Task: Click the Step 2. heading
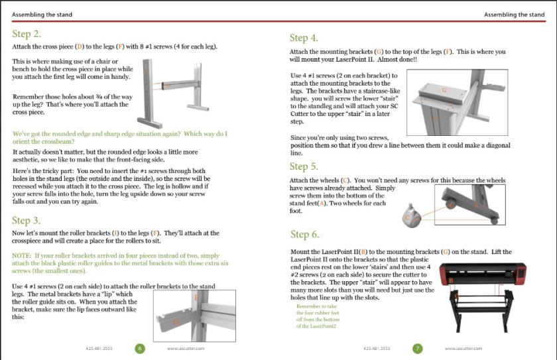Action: point(27,34)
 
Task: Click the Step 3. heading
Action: point(27,221)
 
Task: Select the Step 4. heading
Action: point(304,38)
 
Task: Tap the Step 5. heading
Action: point(304,166)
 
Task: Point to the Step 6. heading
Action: point(304,234)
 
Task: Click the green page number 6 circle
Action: point(140,348)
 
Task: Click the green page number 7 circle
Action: point(417,348)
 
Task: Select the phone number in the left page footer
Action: point(99,348)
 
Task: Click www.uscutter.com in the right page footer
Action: point(464,348)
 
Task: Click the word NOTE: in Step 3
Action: point(22,255)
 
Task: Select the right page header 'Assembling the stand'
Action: point(514,15)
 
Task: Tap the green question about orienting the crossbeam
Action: point(119,138)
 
